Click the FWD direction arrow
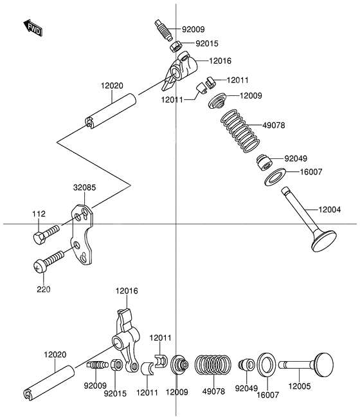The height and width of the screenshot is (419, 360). click(x=33, y=28)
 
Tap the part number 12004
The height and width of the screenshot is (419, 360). click(x=330, y=210)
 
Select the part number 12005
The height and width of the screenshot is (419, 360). click(x=300, y=386)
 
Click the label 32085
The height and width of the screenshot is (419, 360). click(x=85, y=187)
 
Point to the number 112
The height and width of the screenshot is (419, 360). click(x=39, y=214)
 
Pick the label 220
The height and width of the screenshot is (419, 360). click(x=44, y=290)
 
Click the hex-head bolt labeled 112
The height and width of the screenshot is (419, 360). click(x=46, y=234)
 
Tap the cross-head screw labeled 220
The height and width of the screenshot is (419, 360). click(x=49, y=262)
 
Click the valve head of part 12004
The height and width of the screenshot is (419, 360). click(x=324, y=241)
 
